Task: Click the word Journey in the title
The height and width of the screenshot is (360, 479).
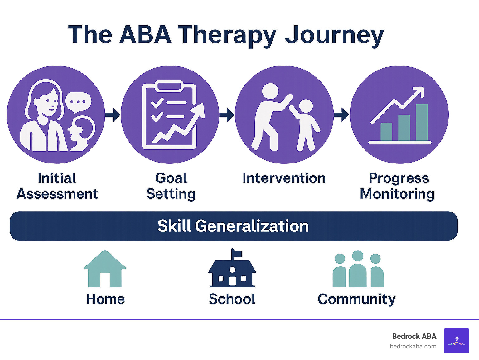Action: [x=334, y=35]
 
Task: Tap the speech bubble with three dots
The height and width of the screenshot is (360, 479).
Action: [x=78, y=102]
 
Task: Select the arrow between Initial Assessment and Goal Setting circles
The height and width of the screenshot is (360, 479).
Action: [x=113, y=115]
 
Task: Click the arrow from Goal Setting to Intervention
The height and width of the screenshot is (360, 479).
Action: [x=227, y=115]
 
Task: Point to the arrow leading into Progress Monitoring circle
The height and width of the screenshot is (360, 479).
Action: [x=341, y=115]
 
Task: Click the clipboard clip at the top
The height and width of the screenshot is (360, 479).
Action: [x=169, y=85]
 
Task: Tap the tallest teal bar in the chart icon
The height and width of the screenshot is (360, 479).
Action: [x=422, y=122]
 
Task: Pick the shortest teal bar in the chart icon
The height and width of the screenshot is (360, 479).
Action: [x=386, y=132]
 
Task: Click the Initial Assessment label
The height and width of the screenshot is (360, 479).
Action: [x=57, y=186]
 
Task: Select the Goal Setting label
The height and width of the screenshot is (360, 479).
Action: [x=171, y=186]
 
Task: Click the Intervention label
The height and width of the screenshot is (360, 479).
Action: [x=284, y=178]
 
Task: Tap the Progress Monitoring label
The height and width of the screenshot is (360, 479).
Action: [x=398, y=186]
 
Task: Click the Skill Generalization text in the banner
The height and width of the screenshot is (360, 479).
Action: [x=233, y=226]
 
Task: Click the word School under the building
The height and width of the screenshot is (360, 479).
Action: [x=232, y=299]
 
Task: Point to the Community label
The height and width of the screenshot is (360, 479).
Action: [x=356, y=299]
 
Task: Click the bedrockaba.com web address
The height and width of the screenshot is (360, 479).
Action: [x=413, y=346]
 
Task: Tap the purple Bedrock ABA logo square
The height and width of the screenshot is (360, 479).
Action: [x=456, y=340]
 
